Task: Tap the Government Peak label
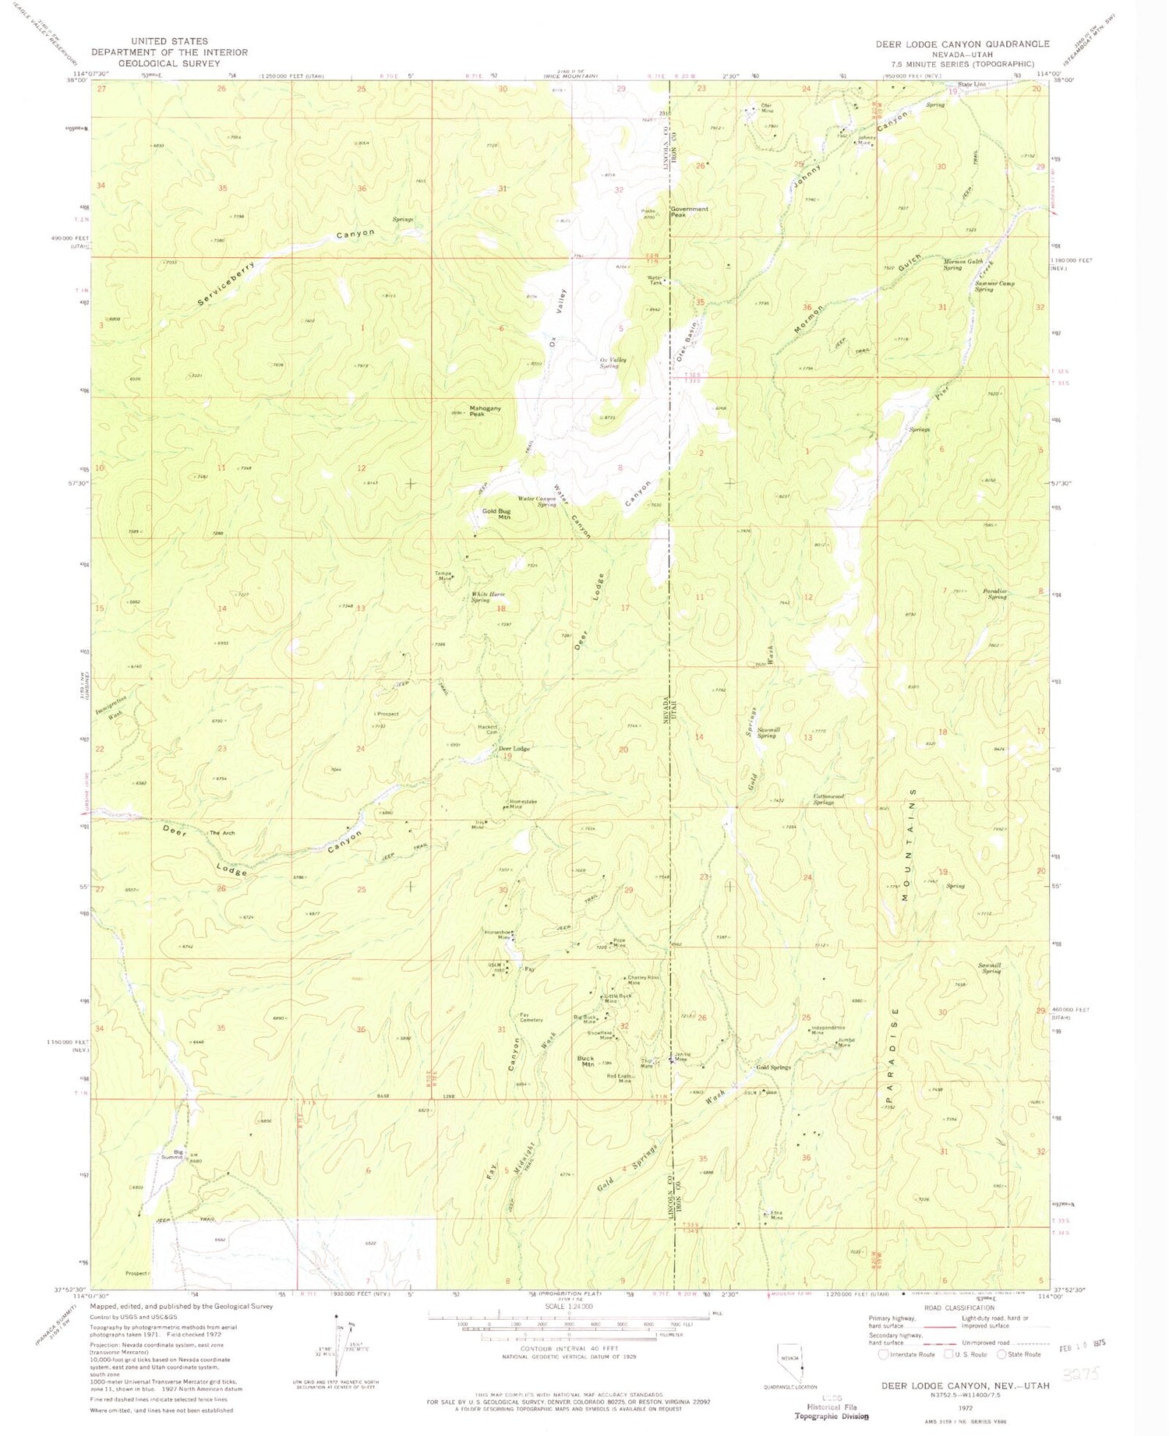689,211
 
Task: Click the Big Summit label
172,1154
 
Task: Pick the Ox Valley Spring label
613,362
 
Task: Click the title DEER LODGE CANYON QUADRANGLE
962,44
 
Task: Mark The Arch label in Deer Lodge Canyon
221,833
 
